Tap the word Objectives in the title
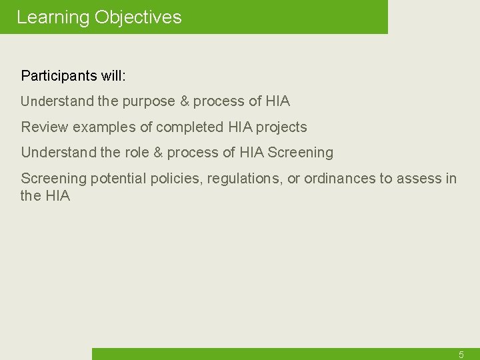coord(138,17)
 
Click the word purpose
coord(149,102)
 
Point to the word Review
coord(44,127)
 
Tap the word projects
coord(281,127)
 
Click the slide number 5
coord(461,355)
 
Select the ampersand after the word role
coord(158,153)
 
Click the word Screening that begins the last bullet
coord(54,179)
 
